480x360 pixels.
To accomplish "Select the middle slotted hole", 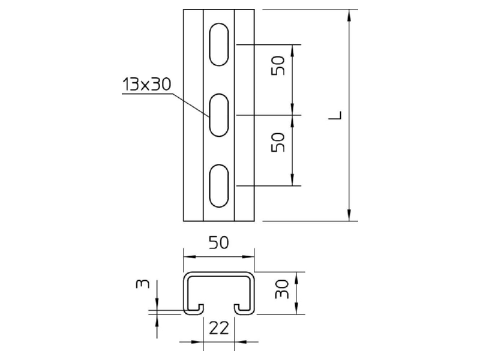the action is click(219, 115).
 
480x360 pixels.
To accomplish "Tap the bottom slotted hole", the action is click(219, 186).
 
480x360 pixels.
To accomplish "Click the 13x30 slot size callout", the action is click(146, 84).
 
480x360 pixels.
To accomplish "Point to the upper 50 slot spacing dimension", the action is click(278, 65).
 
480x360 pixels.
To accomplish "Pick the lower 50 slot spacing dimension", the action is click(278, 142).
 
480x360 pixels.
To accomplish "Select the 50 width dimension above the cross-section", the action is click(218, 243).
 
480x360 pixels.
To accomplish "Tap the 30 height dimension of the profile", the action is click(282, 289).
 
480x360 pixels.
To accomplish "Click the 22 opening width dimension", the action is click(218, 328).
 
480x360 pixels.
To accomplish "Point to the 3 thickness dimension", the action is click(143, 284).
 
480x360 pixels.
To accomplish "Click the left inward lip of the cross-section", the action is click(193, 309).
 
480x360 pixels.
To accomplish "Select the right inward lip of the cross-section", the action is click(244, 309).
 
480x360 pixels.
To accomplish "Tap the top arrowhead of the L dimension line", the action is click(349, 16).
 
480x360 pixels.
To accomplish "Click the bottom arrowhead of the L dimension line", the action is click(349, 215).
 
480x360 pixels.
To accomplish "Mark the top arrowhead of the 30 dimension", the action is click(296, 278).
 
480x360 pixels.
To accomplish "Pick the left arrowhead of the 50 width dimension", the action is click(190, 257).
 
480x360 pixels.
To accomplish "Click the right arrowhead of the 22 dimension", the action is click(241, 341).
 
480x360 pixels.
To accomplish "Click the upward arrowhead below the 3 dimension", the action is click(157, 321).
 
